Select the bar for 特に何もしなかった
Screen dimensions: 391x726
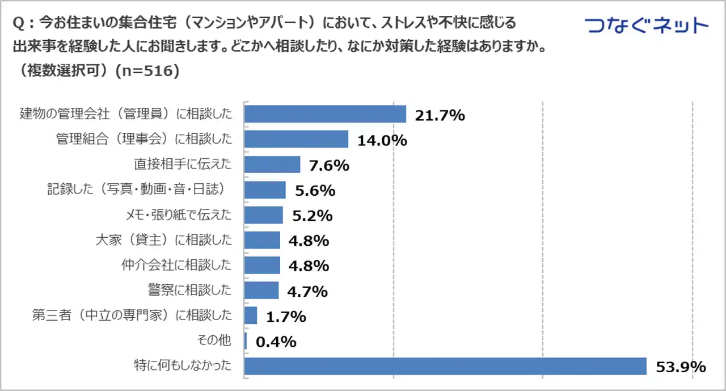tap(445, 366)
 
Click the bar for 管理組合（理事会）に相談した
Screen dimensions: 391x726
tap(296, 139)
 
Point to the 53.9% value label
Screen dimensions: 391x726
tap(679, 367)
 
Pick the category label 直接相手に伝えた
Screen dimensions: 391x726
tap(183, 165)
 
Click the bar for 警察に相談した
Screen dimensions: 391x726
tap(261, 290)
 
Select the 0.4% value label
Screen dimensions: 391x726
tap(276, 342)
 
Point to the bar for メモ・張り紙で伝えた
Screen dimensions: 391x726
tap(264, 215)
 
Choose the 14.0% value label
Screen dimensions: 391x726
tap(382, 140)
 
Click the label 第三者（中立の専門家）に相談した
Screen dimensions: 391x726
tap(132, 316)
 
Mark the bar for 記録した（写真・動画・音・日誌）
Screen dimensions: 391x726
tap(265, 190)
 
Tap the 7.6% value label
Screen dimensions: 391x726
tap(329, 165)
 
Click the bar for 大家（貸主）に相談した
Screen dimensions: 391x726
tap(262, 240)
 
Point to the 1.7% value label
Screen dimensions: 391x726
tap(286, 316)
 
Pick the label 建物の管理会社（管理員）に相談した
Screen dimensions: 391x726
tap(126, 113)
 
